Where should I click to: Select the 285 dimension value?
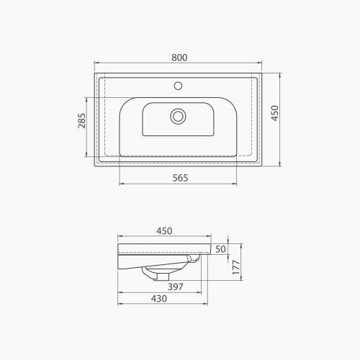click(81, 121)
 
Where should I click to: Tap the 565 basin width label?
click(180, 178)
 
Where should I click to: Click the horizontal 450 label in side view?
click(164, 231)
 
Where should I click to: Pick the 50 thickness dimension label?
click(221, 249)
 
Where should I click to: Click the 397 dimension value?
click(176, 287)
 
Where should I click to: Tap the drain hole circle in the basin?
click(177, 115)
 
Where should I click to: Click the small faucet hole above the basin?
click(178, 86)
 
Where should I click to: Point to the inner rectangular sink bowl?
click(177, 119)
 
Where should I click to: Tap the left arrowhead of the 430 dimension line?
click(120, 305)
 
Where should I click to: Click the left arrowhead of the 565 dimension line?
click(120, 185)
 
